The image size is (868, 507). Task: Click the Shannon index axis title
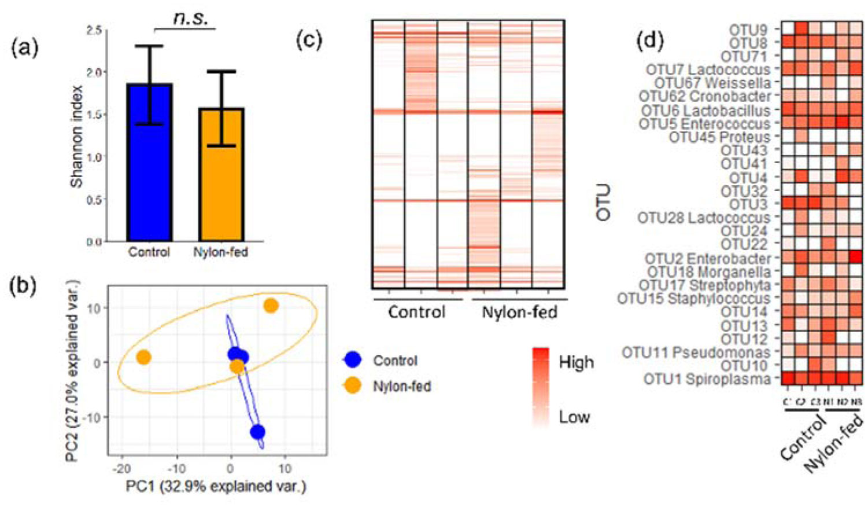77,137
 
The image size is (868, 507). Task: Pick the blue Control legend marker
352,360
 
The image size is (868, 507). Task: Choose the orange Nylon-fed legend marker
352,385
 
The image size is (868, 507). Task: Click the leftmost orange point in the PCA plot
143,357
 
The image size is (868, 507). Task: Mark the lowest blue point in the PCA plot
257,432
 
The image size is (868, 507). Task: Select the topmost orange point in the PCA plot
271,306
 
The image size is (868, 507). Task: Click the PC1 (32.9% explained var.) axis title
216,486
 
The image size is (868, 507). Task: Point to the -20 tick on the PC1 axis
121,468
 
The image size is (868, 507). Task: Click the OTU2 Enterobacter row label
708,258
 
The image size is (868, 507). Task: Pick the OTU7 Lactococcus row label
708,69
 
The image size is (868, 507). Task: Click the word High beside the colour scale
576,362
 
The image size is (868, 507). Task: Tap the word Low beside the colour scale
574,417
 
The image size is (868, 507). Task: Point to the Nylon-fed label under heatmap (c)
519,313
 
